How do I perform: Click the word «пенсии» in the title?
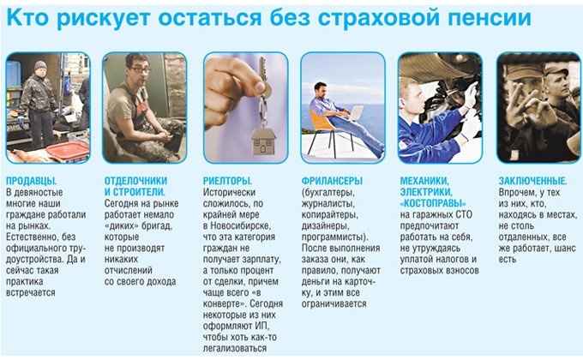[490, 18]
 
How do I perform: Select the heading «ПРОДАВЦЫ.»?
[32, 181]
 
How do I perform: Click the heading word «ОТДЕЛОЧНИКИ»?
[135, 181]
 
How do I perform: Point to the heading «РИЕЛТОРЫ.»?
[227, 181]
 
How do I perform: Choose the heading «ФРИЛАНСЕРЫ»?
[332, 181]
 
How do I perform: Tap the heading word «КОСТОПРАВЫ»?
[433, 203]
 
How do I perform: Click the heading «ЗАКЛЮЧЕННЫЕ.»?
[532, 181]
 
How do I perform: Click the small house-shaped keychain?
[263, 141]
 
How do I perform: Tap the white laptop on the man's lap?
[356, 113]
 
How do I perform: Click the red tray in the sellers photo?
[67, 151]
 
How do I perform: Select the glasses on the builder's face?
[140, 69]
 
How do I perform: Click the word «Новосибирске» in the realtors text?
[241, 225]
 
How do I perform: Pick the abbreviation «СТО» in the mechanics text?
[464, 214]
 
